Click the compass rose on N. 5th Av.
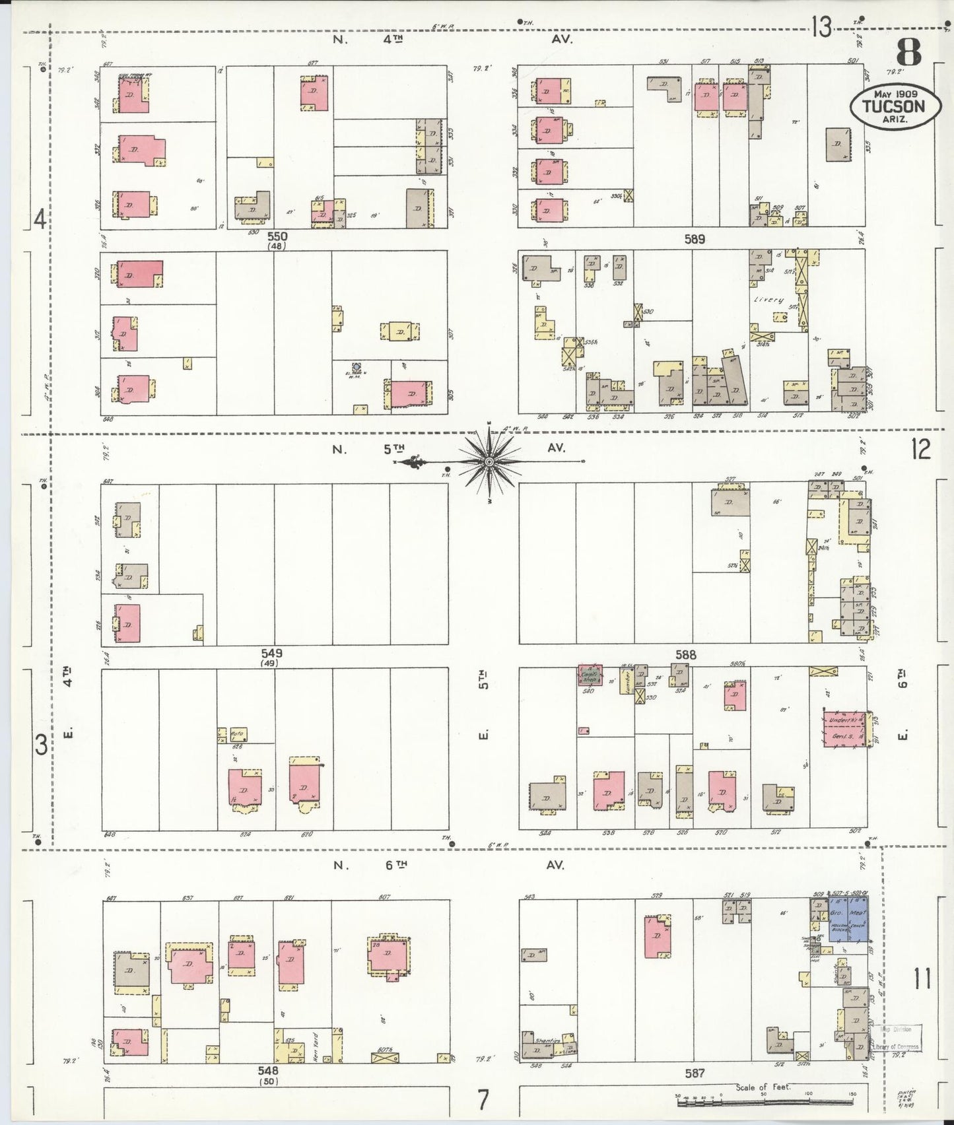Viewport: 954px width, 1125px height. coord(489,461)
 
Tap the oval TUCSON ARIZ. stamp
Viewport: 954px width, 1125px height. coord(895,106)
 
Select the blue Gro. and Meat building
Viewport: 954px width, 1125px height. coord(848,917)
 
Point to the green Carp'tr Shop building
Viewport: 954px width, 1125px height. coord(589,676)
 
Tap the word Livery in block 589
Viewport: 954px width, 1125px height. coord(769,300)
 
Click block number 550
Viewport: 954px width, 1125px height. coord(277,236)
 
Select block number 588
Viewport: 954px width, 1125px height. coord(686,655)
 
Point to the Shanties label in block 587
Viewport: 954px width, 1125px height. coord(547,1040)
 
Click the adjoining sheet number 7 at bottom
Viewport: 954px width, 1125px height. coord(483,1100)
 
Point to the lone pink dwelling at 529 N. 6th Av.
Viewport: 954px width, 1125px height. coord(658,937)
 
